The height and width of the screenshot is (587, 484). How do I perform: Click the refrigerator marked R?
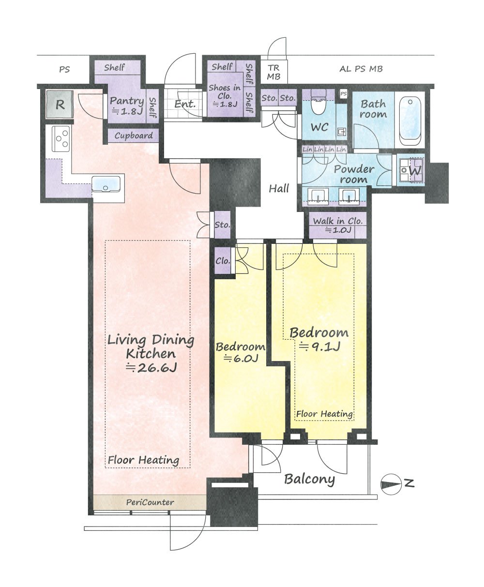coord(60,105)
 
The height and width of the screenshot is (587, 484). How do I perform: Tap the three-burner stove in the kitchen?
coord(61,139)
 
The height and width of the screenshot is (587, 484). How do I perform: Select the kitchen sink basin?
coord(106,184)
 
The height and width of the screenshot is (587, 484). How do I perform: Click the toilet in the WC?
coord(318,103)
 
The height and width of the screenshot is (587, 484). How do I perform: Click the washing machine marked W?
coord(411,170)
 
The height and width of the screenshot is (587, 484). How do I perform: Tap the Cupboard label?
coord(134,136)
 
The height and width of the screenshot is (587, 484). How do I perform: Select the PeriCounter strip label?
coord(150,502)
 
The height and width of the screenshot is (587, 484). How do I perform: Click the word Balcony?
coord(309,479)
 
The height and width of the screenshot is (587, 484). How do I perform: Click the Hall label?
coord(279,188)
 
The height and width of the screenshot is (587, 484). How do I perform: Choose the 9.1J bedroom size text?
coord(319,346)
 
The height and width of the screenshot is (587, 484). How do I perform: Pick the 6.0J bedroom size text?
coord(241,359)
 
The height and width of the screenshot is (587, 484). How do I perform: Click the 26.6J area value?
coord(151,367)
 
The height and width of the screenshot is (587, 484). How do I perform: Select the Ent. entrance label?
coord(185,105)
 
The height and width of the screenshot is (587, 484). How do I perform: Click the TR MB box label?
coord(273,72)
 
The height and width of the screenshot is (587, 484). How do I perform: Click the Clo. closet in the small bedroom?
coord(223,261)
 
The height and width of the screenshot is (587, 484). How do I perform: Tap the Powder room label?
coord(354,174)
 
